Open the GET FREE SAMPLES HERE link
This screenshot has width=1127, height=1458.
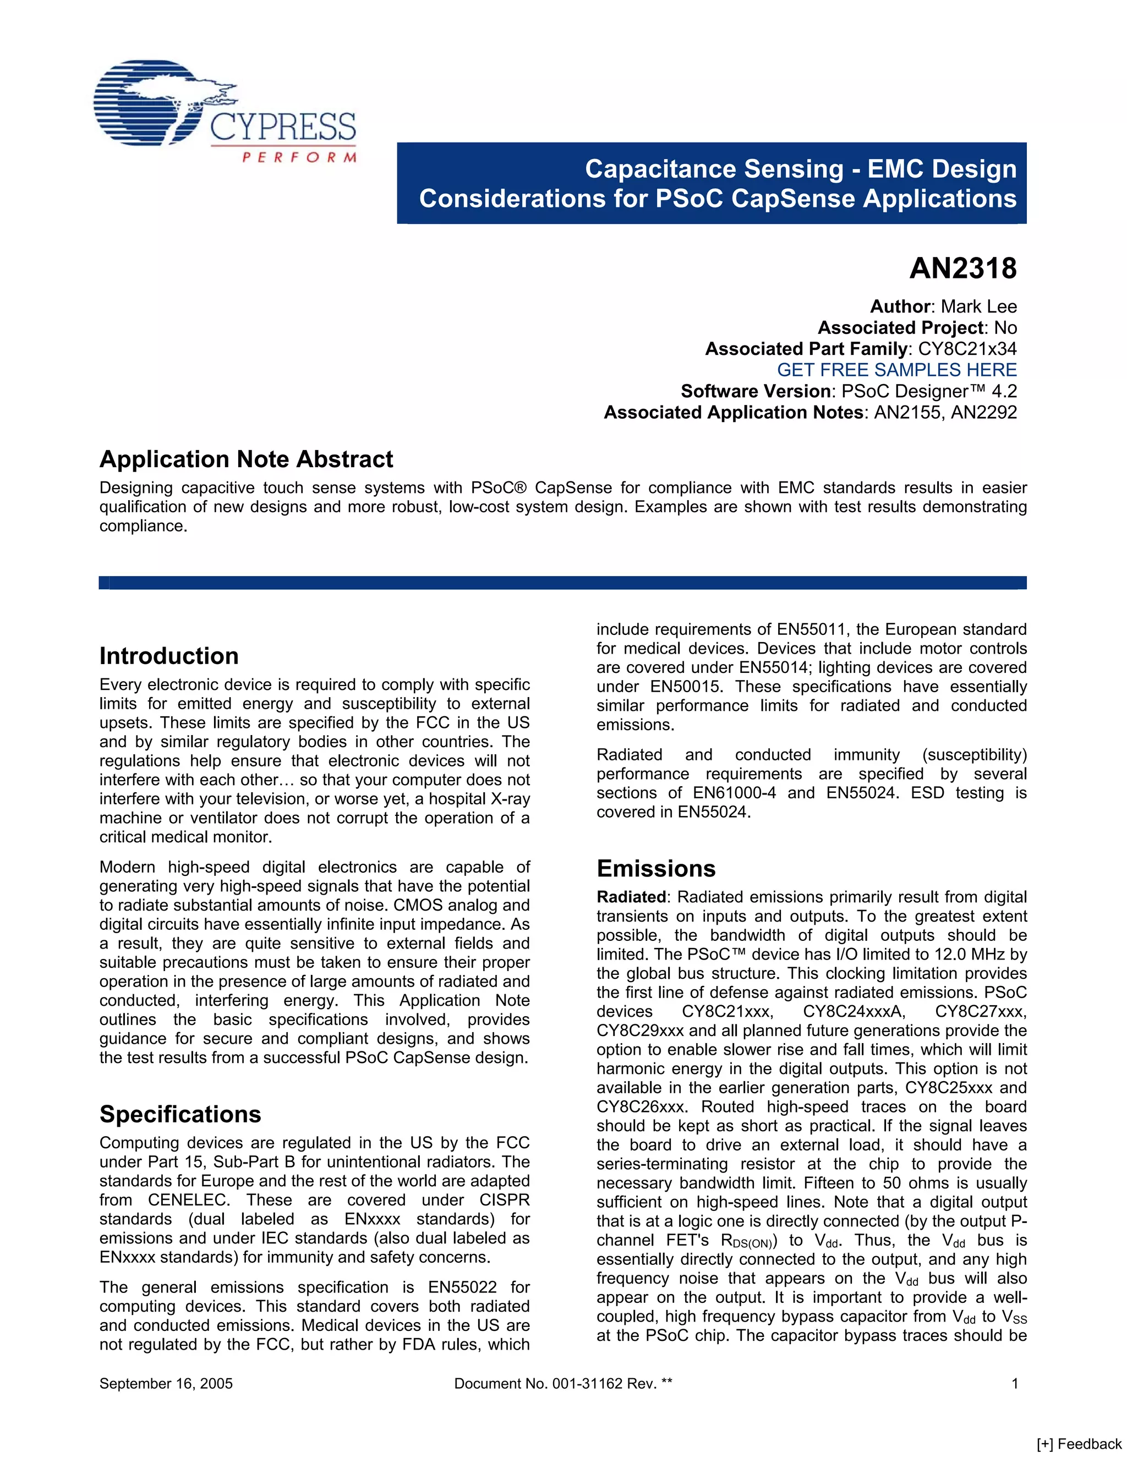896,370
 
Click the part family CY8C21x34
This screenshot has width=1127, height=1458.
967,348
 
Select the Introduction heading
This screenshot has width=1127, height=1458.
169,656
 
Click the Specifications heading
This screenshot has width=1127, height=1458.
180,1114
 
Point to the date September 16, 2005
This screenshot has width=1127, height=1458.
166,1383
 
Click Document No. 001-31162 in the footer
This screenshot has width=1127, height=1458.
563,1383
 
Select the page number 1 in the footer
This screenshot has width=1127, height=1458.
1014,1383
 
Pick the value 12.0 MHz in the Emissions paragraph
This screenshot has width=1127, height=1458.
976,955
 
